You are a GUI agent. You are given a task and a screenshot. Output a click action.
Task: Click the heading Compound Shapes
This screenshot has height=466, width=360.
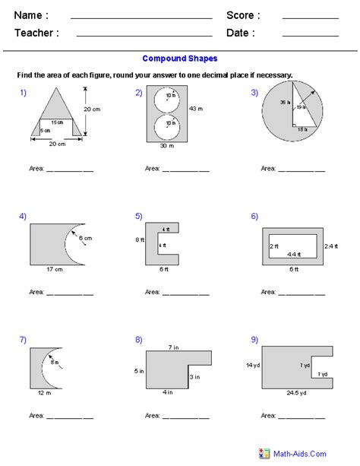tap(179, 59)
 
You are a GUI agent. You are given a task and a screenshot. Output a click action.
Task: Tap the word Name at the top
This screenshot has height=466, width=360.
tap(31, 15)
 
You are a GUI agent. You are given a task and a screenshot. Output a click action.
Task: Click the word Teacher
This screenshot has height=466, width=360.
tap(36, 33)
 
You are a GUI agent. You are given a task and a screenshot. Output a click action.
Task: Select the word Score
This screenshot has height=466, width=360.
tap(243, 15)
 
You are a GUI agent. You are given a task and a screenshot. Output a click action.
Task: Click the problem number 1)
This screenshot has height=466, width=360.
tap(23, 93)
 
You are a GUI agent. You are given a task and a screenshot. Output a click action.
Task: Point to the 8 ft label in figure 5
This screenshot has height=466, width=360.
tap(138, 239)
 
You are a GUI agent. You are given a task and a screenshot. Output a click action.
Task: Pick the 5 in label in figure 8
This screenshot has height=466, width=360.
tap(137, 372)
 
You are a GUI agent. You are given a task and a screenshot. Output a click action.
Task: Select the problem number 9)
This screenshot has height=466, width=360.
tap(254, 341)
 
